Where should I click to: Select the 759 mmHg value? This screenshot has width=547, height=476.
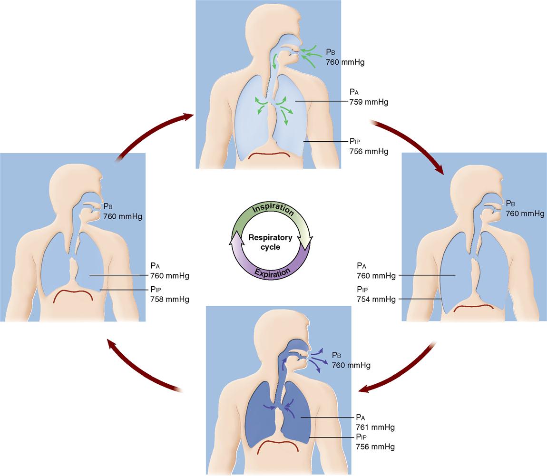point(369,102)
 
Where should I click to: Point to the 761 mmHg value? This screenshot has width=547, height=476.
point(375,427)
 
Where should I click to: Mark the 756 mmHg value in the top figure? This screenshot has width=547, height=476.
point(369,152)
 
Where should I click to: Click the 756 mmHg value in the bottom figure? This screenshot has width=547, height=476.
point(375,447)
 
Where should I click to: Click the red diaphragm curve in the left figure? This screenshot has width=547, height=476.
point(72,292)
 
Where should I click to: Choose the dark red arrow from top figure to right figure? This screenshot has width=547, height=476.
point(410,145)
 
